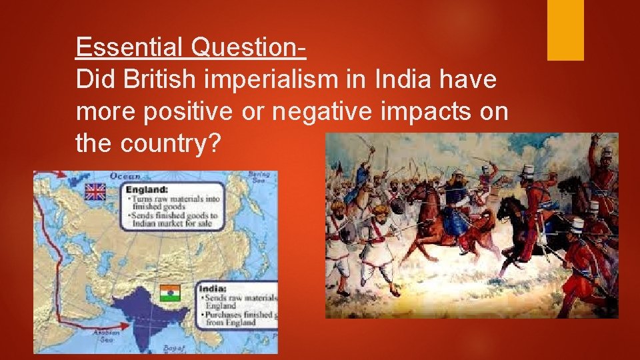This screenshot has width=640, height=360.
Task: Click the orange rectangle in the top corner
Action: [x=565, y=29]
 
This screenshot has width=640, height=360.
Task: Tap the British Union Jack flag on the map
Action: [x=95, y=192]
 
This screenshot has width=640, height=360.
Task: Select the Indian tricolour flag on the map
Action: [x=170, y=293]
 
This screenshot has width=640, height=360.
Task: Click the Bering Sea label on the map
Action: [x=258, y=177]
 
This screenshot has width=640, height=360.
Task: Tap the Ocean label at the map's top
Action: [x=125, y=177]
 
